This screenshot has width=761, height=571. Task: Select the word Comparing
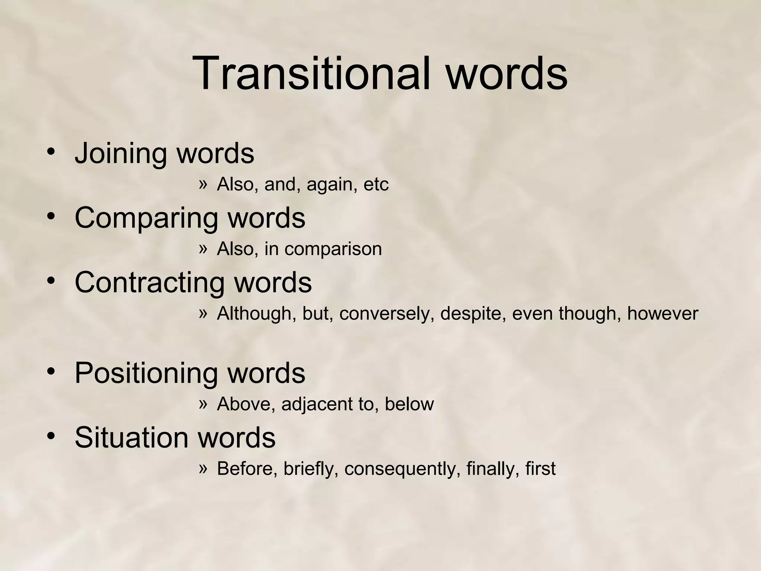coord(146,218)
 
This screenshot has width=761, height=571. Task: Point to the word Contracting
coord(149,283)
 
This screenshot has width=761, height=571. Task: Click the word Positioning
coord(146,373)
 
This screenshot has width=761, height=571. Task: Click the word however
coord(663,314)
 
